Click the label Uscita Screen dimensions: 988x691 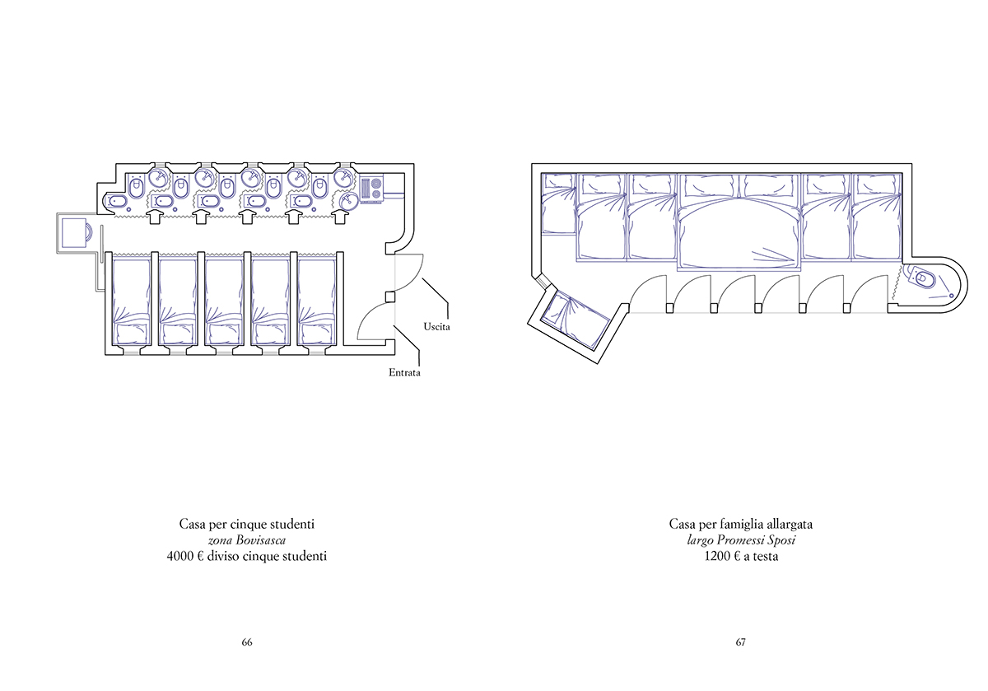click(436, 327)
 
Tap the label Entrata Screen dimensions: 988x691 click(404, 372)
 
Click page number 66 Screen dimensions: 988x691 click(247, 642)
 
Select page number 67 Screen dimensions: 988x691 click(740, 642)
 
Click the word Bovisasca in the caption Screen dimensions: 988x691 click(261, 540)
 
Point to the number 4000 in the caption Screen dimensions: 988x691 click(180, 556)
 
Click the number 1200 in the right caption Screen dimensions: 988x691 click(717, 556)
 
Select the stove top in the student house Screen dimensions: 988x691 click(371, 189)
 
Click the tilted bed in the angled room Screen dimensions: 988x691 click(576, 320)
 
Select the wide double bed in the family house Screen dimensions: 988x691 click(739, 222)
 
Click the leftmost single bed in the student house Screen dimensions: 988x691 click(132, 302)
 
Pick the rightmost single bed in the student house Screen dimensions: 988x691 click(317, 302)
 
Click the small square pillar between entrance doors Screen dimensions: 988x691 click(390, 296)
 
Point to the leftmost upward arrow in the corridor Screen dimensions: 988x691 click(155, 217)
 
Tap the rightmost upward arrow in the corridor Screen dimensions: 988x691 click(339, 217)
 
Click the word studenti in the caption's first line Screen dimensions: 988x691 click(292, 524)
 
